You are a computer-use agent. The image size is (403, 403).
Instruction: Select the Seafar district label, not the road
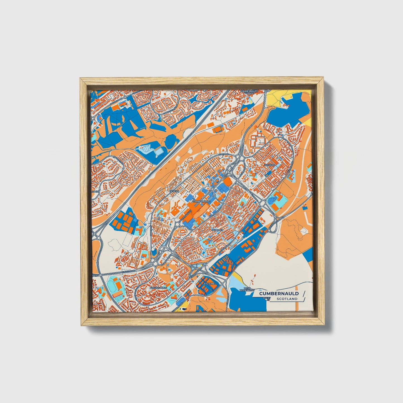coord(174,191)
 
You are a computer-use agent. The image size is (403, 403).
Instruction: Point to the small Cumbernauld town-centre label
coord(201,201)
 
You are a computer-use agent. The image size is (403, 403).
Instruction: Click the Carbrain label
coord(218,230)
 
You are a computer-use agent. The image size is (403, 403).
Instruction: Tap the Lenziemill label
coord(209,283)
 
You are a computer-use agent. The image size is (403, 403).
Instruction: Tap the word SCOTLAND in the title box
coord(287,299)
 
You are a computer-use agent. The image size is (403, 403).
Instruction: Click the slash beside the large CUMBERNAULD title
coord(303,293)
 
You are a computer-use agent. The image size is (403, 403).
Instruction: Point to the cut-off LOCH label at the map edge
coord(95,192)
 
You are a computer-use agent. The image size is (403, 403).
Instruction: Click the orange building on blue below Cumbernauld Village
coord(244,110)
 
